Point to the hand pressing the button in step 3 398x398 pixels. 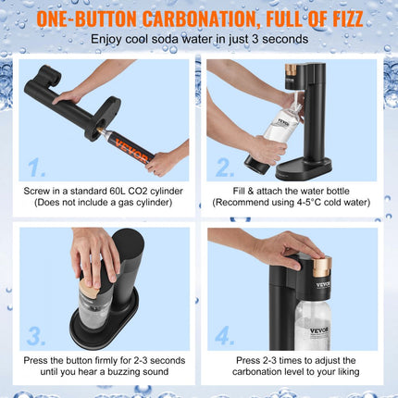coord(94,255)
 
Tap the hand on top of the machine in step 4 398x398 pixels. coord(278,248)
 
